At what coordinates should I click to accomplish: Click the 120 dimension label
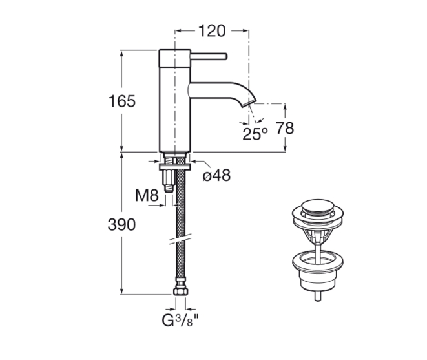pyautogui.click(x=212, y=31)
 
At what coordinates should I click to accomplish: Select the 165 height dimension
pyautogui.click(x=121, y=101)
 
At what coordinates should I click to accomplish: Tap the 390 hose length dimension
pyautogui.click(x=121, y=225)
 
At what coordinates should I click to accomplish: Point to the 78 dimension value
pyautogui.click(x=285, y=128)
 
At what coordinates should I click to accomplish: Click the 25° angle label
pyautogui.click(x=255, y=134)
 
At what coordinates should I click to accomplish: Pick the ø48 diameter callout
pyautogui.click(x=217, y=175)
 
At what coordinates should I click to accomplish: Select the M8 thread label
pyautogui.click(x=147, y=195)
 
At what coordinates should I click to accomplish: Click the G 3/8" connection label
pyautogui.click(x=180, y=320)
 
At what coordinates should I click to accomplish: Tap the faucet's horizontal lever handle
pyautogui.click(x=209, y=56)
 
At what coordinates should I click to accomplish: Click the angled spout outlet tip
pyautogui.click(x=249, y=104)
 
